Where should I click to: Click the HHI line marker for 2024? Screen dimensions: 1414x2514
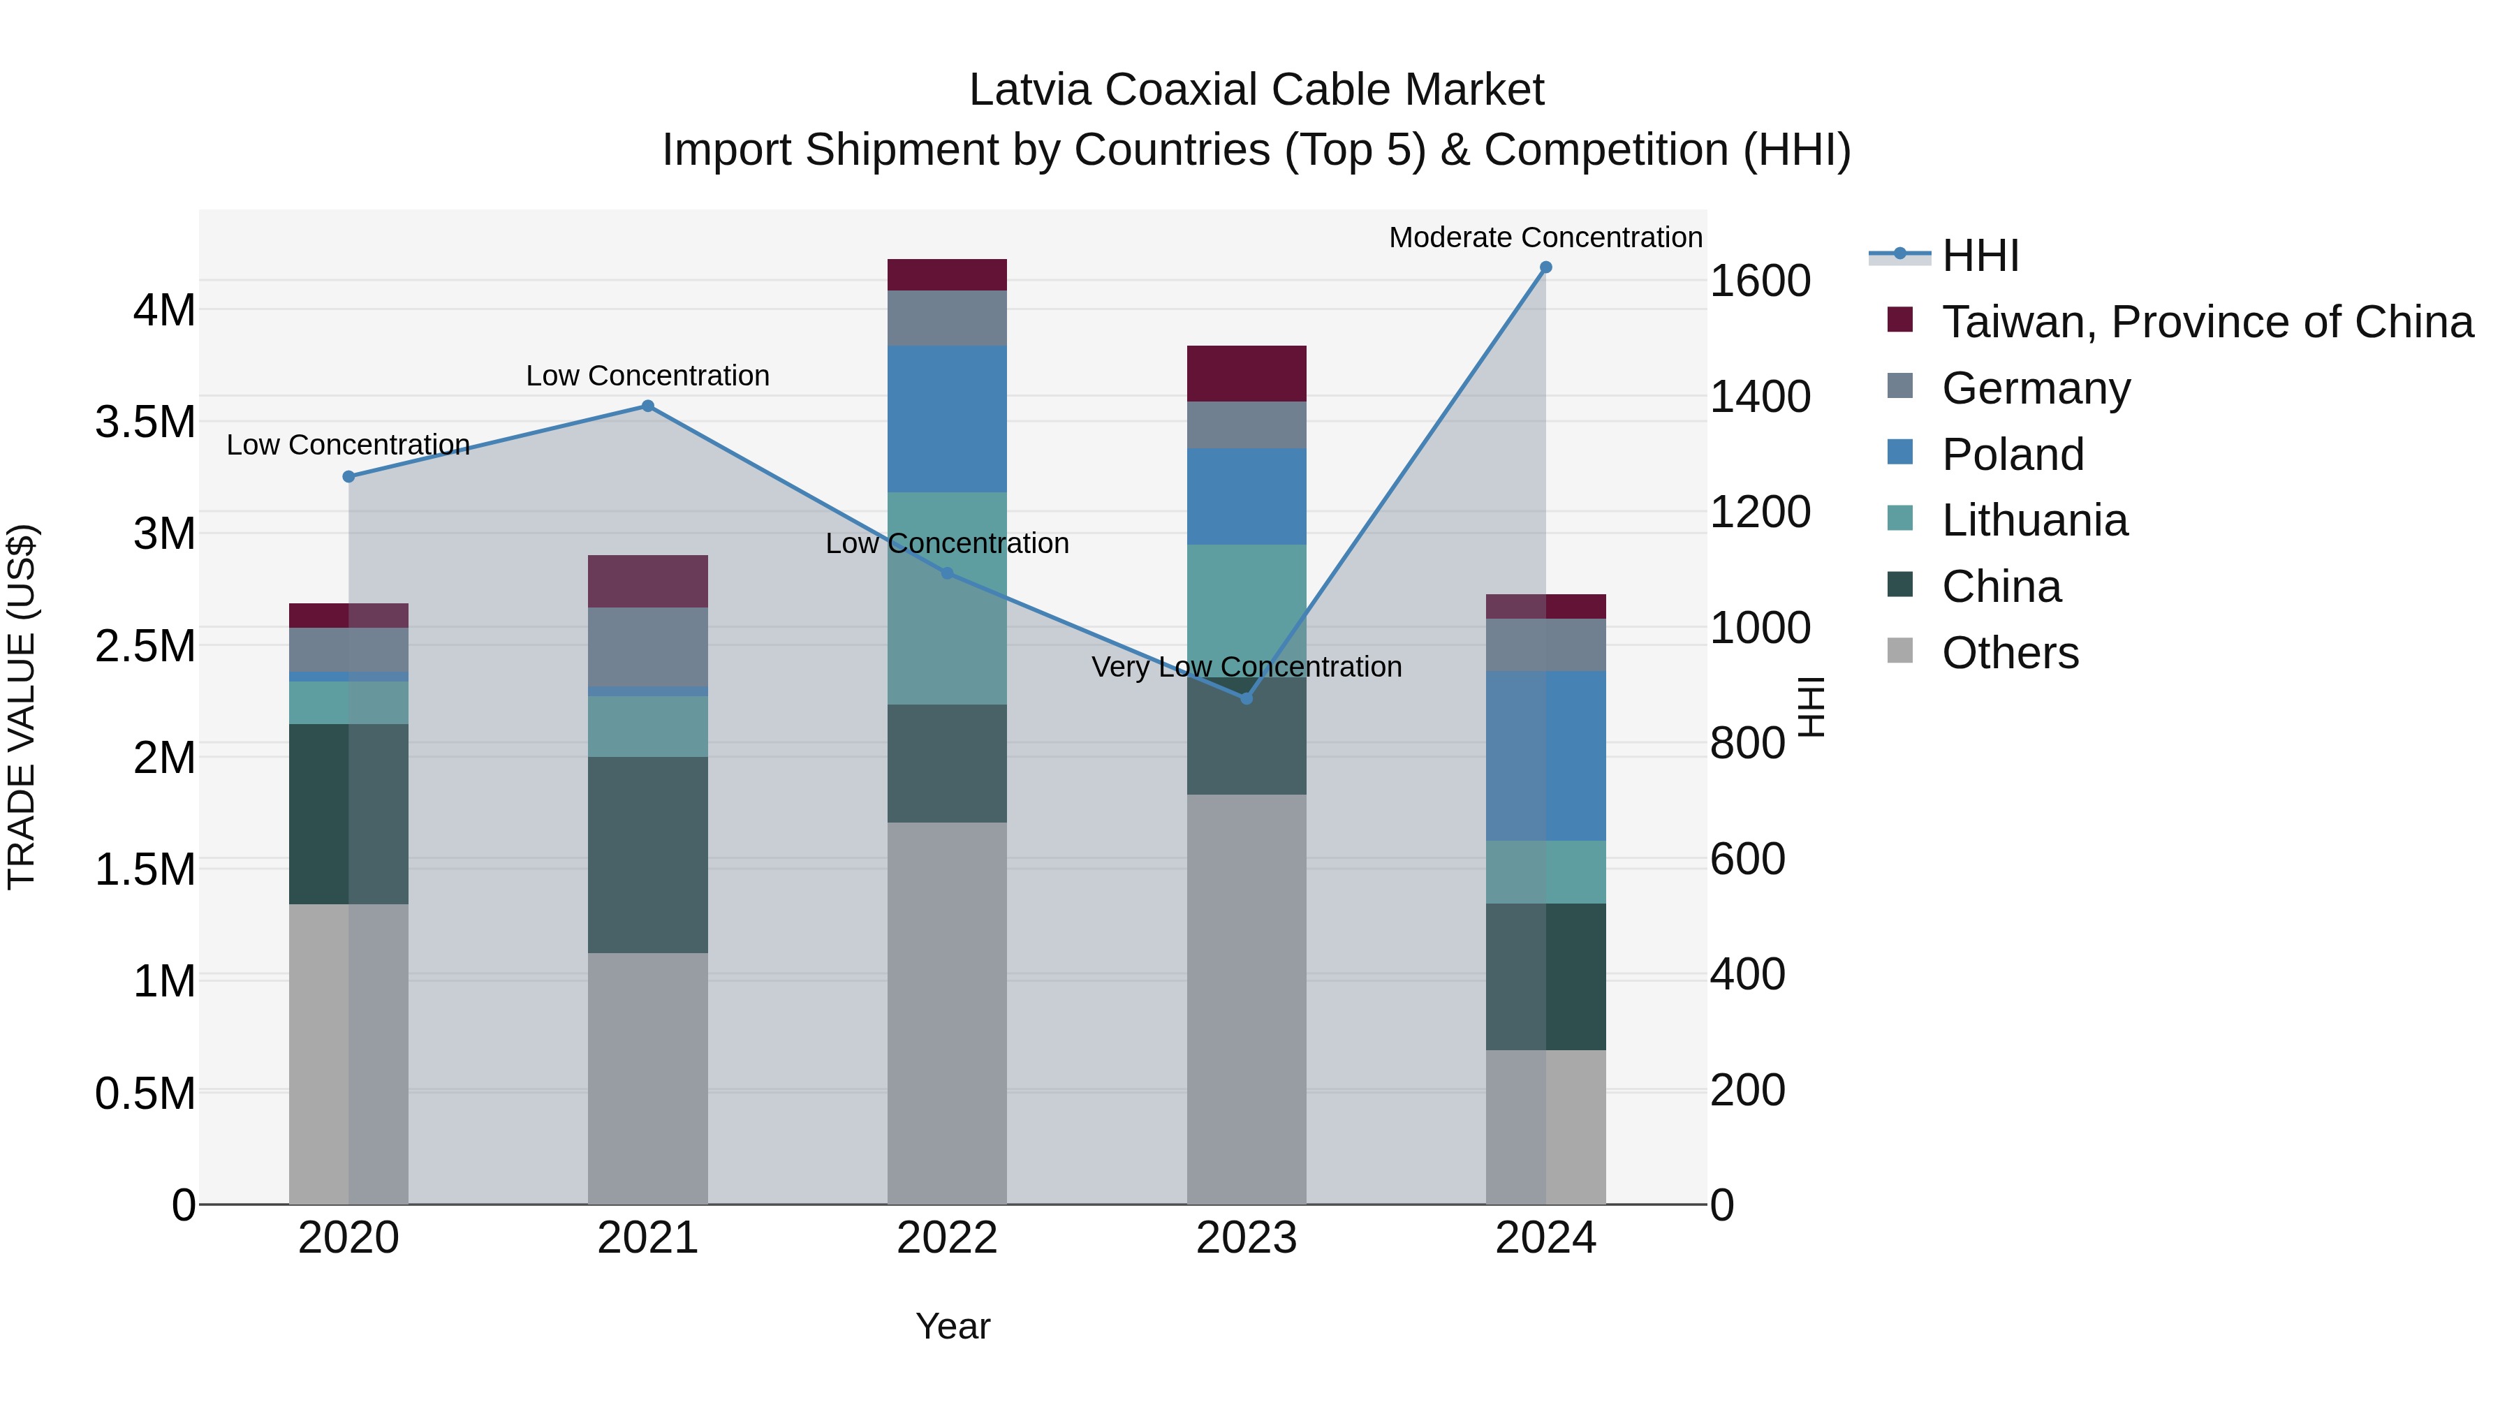(1545, 267)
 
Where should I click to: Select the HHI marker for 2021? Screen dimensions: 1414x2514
(647, 406)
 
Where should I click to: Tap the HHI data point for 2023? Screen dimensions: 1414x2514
(1245, 699)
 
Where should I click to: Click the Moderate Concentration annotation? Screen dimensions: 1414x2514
(1545, 237)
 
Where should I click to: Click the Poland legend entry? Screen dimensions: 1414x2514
(2013, 455)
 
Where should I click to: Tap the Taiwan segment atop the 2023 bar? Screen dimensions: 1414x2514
(1245, 374)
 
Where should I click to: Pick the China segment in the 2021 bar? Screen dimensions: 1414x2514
(647, 855)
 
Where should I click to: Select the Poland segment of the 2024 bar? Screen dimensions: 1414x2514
(1545, 756)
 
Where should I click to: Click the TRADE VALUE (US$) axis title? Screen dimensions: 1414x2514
(22, 707)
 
